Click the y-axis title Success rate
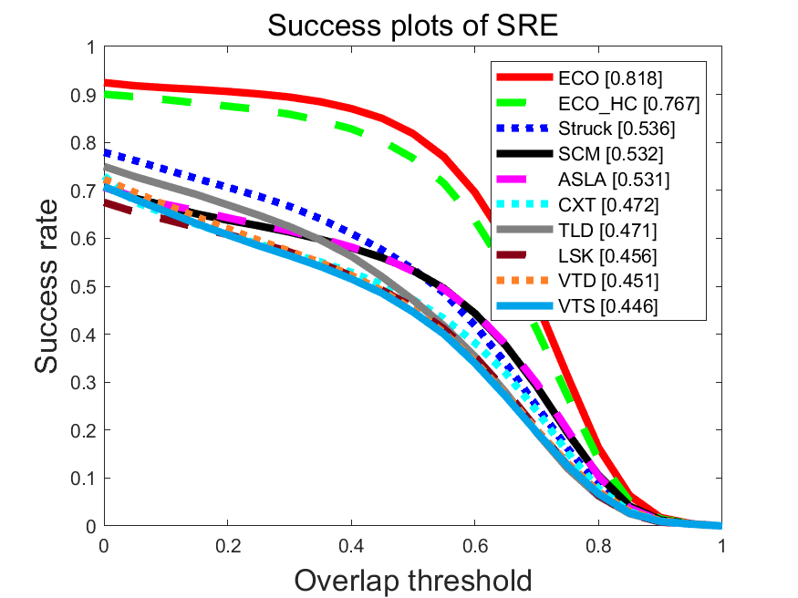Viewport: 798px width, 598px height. point(51,286)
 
